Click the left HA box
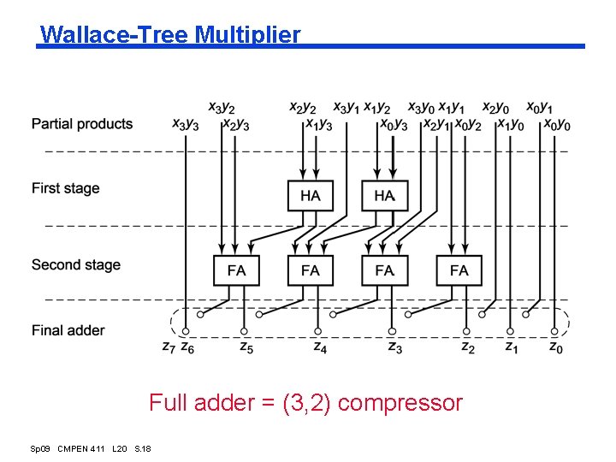[x=311, y=196]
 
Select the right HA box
[x=384, y=196]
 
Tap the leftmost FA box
[x=236, y=270]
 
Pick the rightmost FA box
[x=459, y=270]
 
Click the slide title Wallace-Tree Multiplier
[x=170, y=35]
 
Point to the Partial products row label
[x=82, y=124]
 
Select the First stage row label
[x=66, y=188]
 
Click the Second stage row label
[x=76, y=265]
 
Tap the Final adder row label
[x=68, y=330]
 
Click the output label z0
[x=555, y=347]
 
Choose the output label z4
[x=319, y=347]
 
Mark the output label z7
[x=169, y=347]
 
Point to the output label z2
[x=467, y=347]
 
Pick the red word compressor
[x=400, y=403]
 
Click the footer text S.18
[x=143, y=448]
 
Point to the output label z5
[x=245, y=347]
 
